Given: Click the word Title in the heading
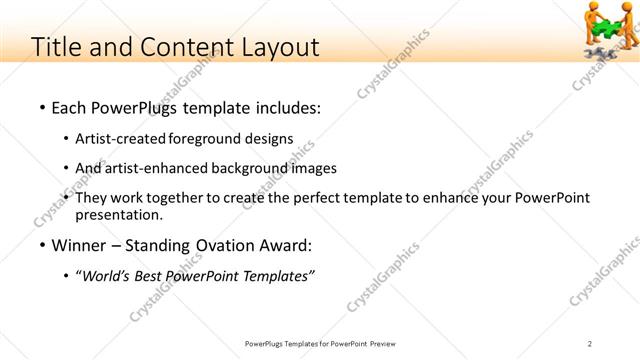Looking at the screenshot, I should coord(57,47).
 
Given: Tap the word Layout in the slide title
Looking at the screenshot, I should coord(279,47).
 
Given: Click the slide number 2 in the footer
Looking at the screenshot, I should coord(590,344).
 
